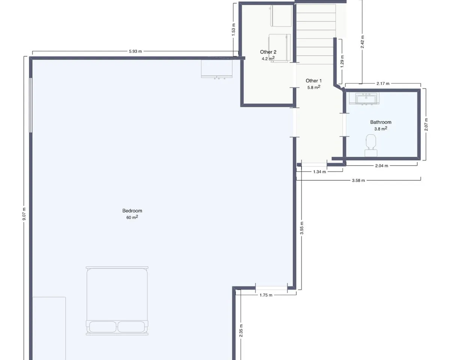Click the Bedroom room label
point(132,211)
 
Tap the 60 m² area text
point(132,217)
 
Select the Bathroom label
point(381,122)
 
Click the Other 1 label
point(313,81)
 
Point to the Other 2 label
point(268,52)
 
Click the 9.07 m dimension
point(24,214)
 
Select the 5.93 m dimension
point(135,51)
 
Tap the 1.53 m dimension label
point(234,30)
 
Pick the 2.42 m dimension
point(362,42)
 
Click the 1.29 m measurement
point(342,61)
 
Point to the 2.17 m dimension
point(383,84)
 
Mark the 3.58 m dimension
point(358,180)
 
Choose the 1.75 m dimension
point(266,295)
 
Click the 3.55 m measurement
point(302,228)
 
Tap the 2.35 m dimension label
point(241,330)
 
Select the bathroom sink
point(364,99)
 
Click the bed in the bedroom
point(117,301)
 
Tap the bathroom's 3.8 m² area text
point(381,129)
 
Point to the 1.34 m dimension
point(319,172)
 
